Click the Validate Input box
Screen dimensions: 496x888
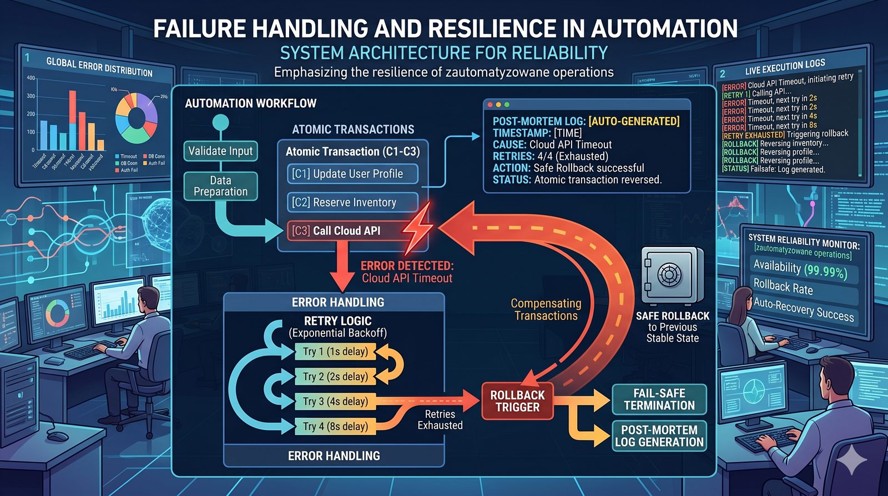220,151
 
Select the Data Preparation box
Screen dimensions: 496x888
220,186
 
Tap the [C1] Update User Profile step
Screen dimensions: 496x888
352,174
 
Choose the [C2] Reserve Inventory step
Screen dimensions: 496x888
352,203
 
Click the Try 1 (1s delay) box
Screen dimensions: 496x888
335,352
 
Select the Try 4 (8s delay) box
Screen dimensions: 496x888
335,427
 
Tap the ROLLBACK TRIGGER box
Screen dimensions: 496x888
517,401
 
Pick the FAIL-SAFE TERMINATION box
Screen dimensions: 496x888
659,399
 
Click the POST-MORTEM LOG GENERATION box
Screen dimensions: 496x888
659,436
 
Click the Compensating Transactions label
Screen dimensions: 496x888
546,309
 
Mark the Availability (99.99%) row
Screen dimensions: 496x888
800,269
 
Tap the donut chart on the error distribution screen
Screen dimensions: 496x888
137,118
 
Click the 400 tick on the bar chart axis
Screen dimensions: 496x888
31,78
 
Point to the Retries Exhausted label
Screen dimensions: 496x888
440,420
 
